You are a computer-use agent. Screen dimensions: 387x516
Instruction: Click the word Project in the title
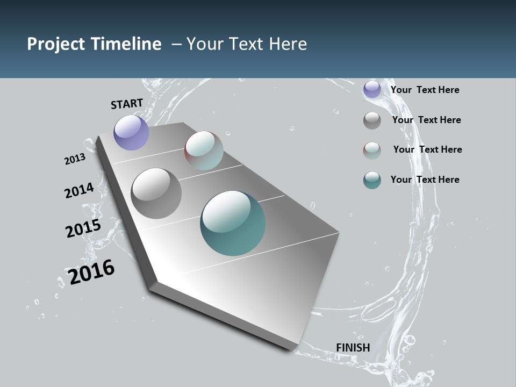point(56,44)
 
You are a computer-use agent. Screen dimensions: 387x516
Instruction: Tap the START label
point(127,104)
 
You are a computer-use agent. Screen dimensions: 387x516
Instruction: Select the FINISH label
point(353,348)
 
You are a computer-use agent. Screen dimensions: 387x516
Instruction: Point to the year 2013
point(75,159)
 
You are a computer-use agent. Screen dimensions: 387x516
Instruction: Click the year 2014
point(79,191)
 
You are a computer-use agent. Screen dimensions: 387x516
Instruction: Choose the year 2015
point(83,228)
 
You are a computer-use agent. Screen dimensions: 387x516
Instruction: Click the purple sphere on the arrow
point(131,132)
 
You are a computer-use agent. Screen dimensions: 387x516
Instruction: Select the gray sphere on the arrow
point(156,193)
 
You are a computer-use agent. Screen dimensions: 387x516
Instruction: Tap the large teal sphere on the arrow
point(233,223)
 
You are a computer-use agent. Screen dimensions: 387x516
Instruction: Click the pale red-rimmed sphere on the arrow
point(204,150)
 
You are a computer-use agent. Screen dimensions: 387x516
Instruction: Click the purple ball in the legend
point(372,90)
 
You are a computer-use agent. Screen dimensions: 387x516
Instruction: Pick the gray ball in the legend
point(372,120)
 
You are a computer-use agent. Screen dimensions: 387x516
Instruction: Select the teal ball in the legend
point(372,180)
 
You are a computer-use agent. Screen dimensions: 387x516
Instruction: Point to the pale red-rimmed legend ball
point(372,150)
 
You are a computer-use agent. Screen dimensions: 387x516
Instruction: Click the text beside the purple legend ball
point(425,90)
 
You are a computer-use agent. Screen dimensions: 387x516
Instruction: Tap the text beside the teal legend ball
point(425,180)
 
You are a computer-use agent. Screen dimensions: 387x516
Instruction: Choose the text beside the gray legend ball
point(426,120)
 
